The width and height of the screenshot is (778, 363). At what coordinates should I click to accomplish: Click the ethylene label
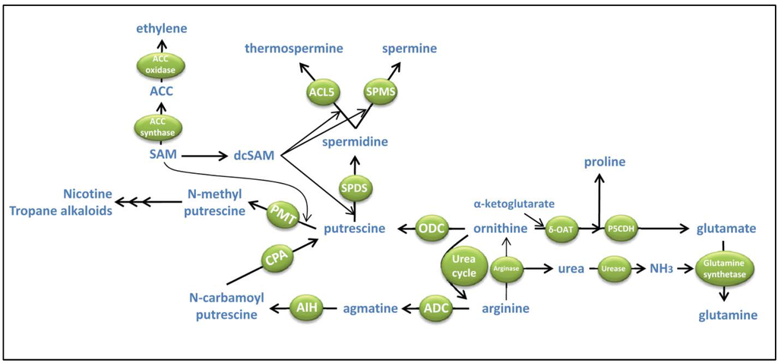(161, 29)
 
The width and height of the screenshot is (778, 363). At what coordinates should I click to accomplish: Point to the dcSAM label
(255, 156)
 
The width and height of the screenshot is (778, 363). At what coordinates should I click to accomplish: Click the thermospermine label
(294, 49)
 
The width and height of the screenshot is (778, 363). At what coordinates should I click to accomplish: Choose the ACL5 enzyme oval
(322, 93)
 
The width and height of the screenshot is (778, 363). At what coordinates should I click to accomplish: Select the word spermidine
(355, 141)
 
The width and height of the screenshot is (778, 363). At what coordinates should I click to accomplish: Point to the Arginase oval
(506, 268)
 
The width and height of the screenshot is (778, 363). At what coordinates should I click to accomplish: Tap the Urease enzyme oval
(613, 269)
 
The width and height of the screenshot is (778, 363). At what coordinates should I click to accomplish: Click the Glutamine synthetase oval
(723, 269)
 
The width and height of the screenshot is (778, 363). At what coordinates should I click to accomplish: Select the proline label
(604, 161)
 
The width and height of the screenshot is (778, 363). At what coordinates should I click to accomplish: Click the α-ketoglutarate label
(514, 204)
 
